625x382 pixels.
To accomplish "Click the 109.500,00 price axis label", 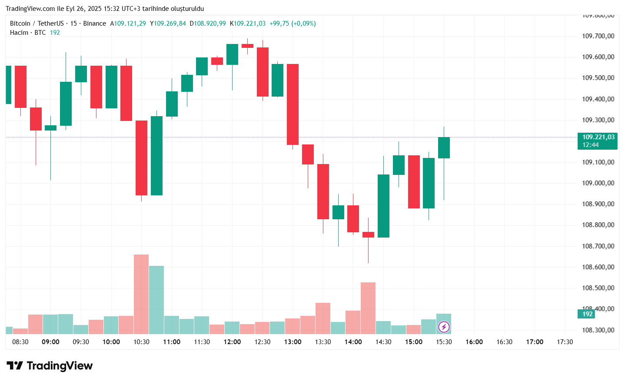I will point(598,78).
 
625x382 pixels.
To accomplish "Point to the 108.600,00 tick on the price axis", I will point(598,267).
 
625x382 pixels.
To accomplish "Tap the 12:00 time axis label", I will point(232,342).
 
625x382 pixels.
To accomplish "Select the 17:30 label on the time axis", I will point(565,342).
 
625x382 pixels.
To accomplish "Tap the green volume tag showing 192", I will point(587,314).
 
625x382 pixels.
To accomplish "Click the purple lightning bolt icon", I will point(444,327).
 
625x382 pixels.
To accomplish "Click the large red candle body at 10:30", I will point(141,157).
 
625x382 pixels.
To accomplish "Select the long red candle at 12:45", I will point(293,104).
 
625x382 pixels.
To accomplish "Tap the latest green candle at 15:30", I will point(444,147).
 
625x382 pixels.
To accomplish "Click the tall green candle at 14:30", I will point(383,206).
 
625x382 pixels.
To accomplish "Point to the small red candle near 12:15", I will point(247,46).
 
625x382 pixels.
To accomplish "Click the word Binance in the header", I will point(94,23).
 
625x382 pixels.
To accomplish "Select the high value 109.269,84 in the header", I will point(170,23).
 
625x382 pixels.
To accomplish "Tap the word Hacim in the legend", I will point(19,33).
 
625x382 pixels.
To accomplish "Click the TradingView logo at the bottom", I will point(50,366).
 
